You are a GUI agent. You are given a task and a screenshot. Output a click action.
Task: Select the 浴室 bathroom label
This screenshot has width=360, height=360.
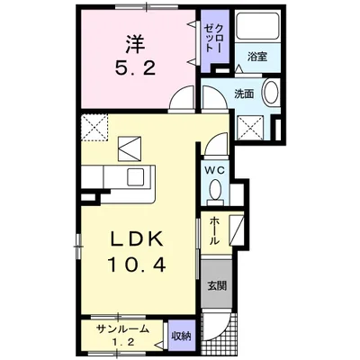258,57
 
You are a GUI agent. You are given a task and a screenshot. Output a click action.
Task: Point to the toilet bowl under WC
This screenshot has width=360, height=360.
215,190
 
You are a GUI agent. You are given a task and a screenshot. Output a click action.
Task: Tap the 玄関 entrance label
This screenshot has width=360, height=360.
216,286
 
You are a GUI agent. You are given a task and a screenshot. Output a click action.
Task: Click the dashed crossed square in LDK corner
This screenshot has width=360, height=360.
94,127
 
